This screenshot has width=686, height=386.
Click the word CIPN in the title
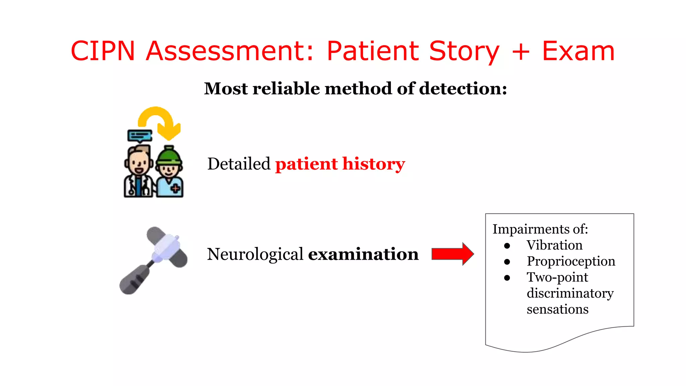pos(102,51)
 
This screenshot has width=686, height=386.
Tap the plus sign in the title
pos(521,52)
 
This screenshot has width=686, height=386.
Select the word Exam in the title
pos(578,51)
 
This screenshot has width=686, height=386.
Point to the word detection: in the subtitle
pos(463,88)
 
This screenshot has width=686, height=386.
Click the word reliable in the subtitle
pos(286,88)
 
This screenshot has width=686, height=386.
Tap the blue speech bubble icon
pos(140,136)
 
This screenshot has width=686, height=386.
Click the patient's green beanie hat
pos(169,156)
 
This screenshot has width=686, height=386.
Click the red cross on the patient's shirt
pos(175,188)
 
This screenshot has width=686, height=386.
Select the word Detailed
pos(239,164)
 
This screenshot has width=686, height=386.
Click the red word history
pos(373,164)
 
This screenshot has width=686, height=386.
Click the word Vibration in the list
pos(554,245)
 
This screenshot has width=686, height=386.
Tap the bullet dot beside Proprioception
pos(507,262)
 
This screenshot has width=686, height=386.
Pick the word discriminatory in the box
pos(570,293)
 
